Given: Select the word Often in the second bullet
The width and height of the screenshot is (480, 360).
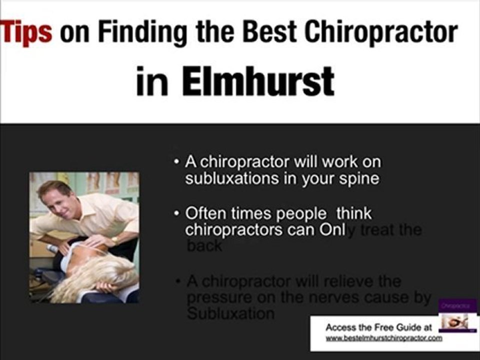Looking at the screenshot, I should pyautogui.click(x=205, y=213).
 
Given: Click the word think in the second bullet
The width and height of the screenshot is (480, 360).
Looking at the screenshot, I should pyautogui.click(x=354, y=213).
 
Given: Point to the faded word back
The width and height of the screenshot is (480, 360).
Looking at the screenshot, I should pyautogui.click(x=204, y=246).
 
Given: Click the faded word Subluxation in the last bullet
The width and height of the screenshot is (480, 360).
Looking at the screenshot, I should pyautogui.click(x=230, y=314).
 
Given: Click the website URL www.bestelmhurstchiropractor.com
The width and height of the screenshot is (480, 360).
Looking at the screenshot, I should pyautogui.click(x=383, y=338).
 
